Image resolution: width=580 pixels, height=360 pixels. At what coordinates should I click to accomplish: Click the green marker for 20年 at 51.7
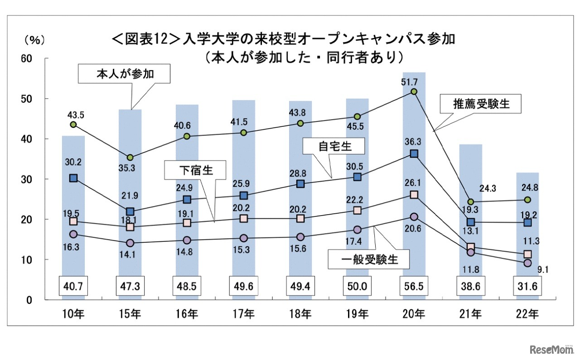coord(414,91)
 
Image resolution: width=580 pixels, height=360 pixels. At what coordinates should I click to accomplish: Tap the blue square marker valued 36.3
coord(414,154)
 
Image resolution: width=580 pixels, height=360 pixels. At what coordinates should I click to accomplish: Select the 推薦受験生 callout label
coord(481,104)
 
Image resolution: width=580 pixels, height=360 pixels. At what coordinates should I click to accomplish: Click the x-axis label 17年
coord(243,313)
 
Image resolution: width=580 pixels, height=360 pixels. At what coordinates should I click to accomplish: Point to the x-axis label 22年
coord(527,313)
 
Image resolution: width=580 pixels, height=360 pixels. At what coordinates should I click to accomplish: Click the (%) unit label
coord(34,40)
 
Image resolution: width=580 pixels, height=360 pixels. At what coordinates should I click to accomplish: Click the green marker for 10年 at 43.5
coord(73,125)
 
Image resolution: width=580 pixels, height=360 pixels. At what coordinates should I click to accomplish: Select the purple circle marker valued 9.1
coord(527,263)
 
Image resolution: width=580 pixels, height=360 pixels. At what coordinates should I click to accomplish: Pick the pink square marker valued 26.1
coord(414,195)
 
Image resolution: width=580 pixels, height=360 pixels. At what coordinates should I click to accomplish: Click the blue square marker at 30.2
coord(73,178)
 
